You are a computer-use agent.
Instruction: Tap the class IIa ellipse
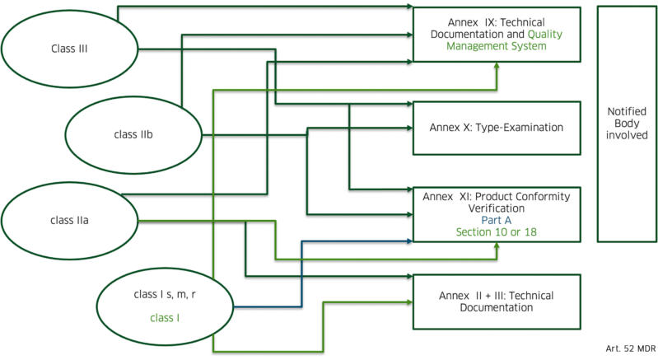tap(62, 220)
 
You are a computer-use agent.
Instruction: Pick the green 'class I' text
tap(166, 316)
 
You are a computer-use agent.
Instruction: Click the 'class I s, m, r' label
tap(165, 294)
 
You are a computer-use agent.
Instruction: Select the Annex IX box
tap(496, 34)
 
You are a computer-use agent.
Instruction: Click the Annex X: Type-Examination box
tap(496, 128)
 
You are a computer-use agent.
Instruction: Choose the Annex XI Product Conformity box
tap(496, 213)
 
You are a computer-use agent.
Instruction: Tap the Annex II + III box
tap(496, 301)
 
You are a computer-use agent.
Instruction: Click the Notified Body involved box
tap(627, 124)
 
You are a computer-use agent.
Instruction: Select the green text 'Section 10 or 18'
tap(496, 232)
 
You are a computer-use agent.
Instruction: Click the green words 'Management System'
tap(496, 46)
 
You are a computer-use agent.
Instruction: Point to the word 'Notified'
tap(627, 110)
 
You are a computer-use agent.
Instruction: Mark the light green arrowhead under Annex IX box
tap(496, 67)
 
